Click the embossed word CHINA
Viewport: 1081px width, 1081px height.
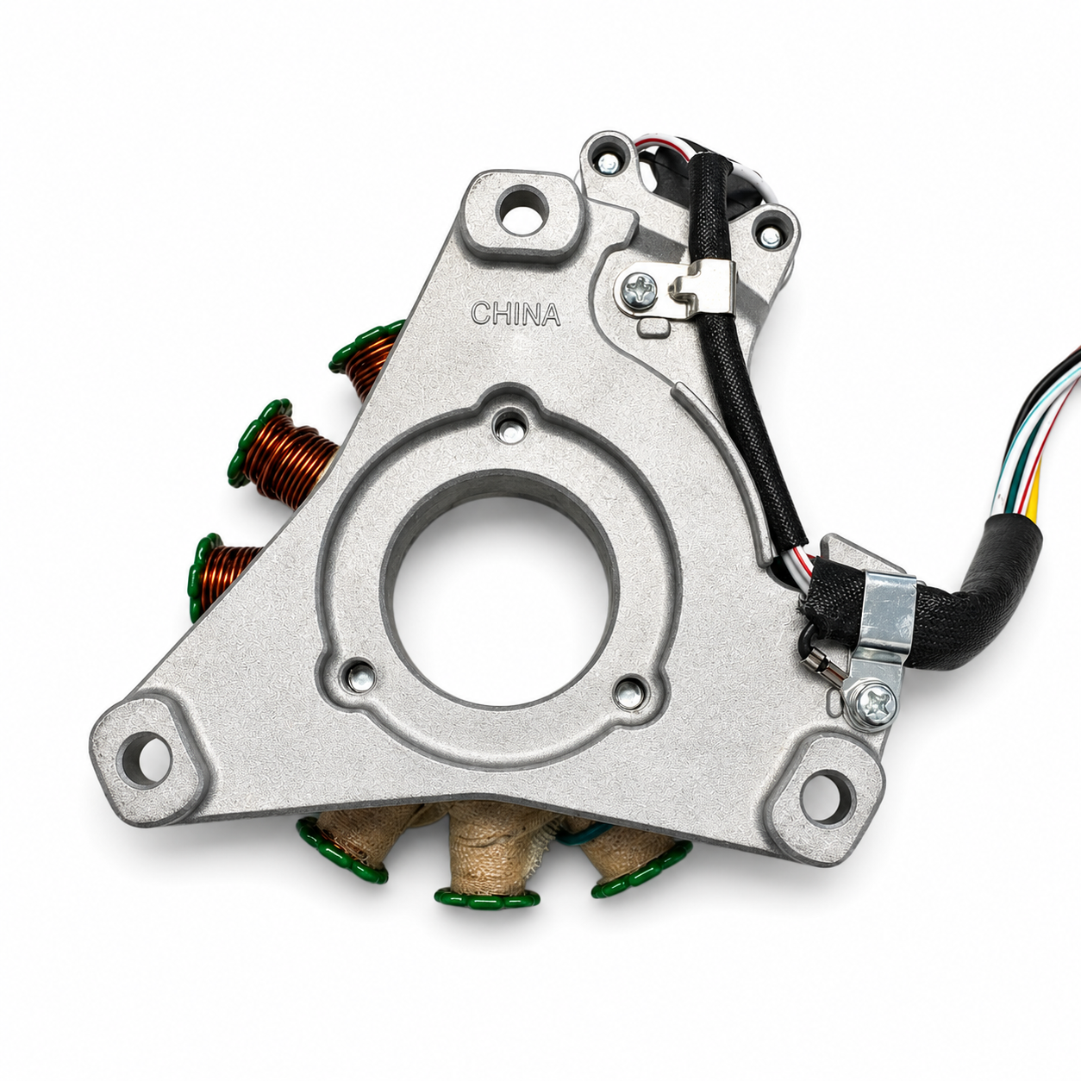click(516, 314)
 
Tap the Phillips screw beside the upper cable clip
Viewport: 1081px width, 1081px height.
click(640, 290)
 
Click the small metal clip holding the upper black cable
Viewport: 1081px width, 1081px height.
click(704, 286)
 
